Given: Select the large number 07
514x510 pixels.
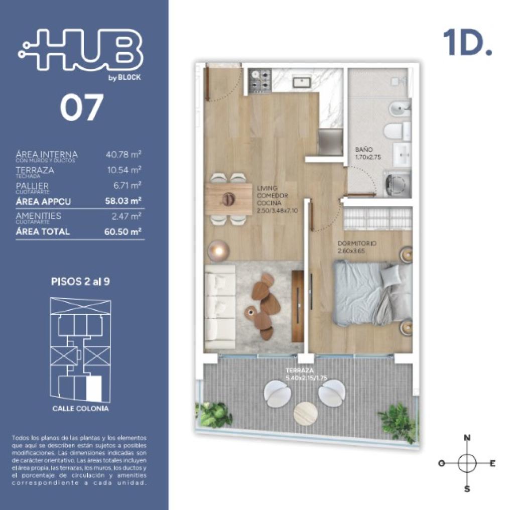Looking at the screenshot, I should click(81, 108).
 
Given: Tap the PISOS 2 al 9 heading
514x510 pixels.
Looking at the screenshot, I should click(81, 281).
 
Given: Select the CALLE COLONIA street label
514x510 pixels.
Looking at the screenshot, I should click(80, 409).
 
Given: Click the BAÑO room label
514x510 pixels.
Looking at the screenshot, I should click(363, 150).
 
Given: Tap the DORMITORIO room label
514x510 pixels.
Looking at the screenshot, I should click(357, 243).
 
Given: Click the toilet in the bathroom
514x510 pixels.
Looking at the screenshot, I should click(397, 131).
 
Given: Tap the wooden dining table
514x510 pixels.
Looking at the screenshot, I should click(229, 199).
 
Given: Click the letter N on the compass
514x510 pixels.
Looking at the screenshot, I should click(467, 438).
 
